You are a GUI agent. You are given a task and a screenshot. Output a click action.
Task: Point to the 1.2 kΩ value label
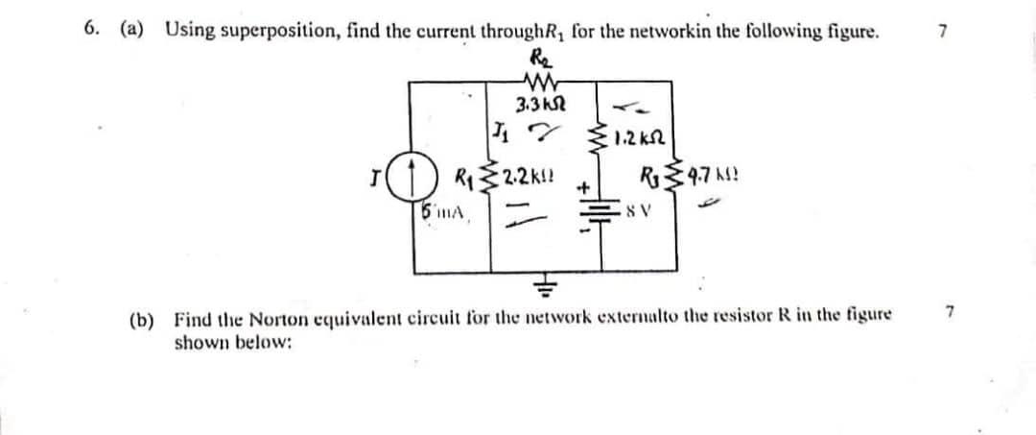(641, 151)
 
